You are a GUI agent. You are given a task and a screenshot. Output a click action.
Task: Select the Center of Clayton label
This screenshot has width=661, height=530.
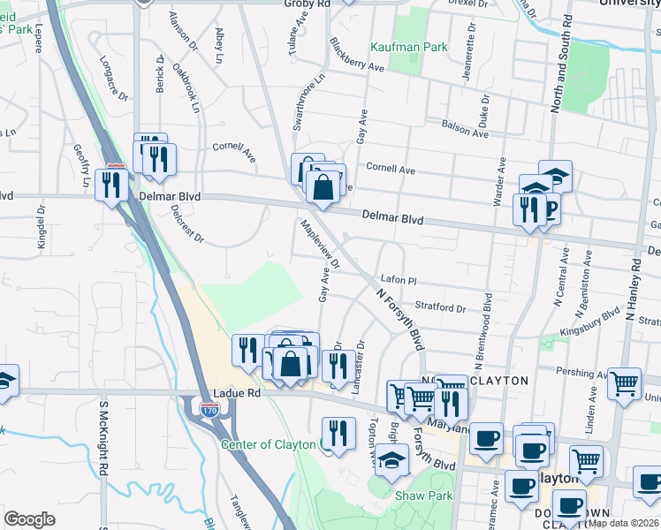269,444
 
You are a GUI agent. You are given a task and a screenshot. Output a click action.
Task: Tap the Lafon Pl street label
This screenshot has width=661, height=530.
398,280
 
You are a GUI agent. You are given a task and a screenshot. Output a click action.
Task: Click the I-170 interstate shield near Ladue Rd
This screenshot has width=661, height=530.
209,410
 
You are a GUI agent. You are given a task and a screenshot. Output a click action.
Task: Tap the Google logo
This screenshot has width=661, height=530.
29,519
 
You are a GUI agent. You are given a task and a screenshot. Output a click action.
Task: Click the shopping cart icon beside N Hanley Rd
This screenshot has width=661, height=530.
625,384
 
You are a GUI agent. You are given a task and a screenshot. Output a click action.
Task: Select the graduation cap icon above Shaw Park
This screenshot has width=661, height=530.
391,459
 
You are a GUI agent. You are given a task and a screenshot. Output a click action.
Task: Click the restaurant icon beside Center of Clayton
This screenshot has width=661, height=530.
338,434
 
